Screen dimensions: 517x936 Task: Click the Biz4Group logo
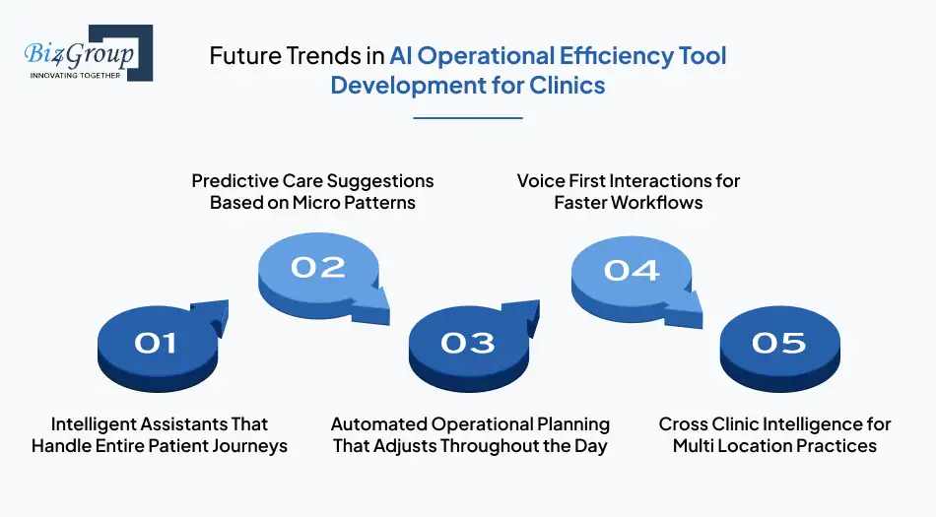[87, 54]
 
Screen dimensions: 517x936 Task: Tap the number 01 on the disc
[156, 342]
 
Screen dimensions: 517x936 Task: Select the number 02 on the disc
[317, 266]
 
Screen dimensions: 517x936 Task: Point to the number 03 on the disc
[467, 342]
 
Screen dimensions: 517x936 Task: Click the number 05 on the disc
[778, 342]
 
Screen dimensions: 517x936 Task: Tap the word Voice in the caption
[541, 181]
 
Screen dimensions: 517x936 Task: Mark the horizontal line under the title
[467, 117]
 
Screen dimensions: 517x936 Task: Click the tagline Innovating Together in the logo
[75, 75]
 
